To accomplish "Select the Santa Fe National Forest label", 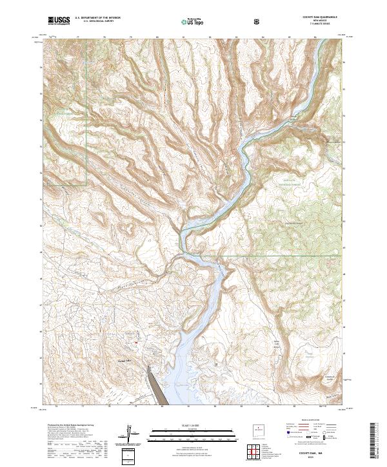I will [x=297, y=182].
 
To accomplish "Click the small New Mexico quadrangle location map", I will [x=258, y=430].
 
